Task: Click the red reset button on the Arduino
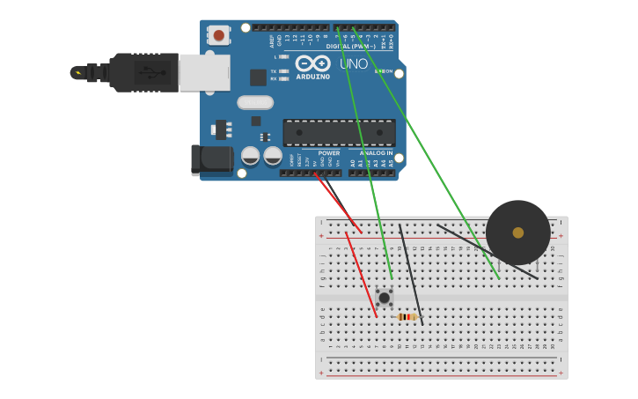(x=218, y=35)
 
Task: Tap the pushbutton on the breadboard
(x=384, y=298)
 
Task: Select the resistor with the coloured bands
(x=407, y=317)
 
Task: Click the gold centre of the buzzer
(x=518, y=233)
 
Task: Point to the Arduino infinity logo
(x=312, y=63)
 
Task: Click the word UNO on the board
(x=354, y=64)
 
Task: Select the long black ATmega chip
(x=338, y=133)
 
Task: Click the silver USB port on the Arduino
(x=204, y=72)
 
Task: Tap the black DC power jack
(x=212, y=160)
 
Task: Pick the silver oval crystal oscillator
(x=254, y=103)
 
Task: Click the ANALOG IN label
(x=376, y=153)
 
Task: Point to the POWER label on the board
(x=328, y=153)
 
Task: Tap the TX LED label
(x=274, y=70)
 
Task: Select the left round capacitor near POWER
(x=251, y=156)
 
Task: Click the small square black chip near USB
(x=258, y=78)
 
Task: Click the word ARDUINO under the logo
(x=312, y=77)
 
